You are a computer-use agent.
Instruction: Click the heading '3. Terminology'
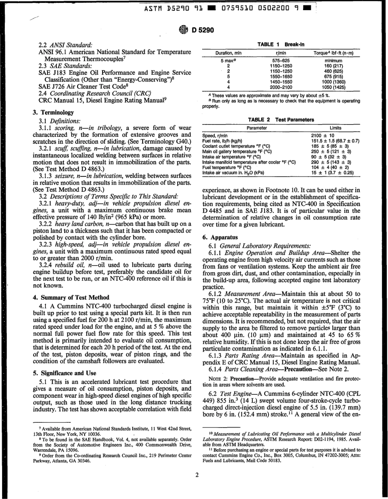tap(53, 112)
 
